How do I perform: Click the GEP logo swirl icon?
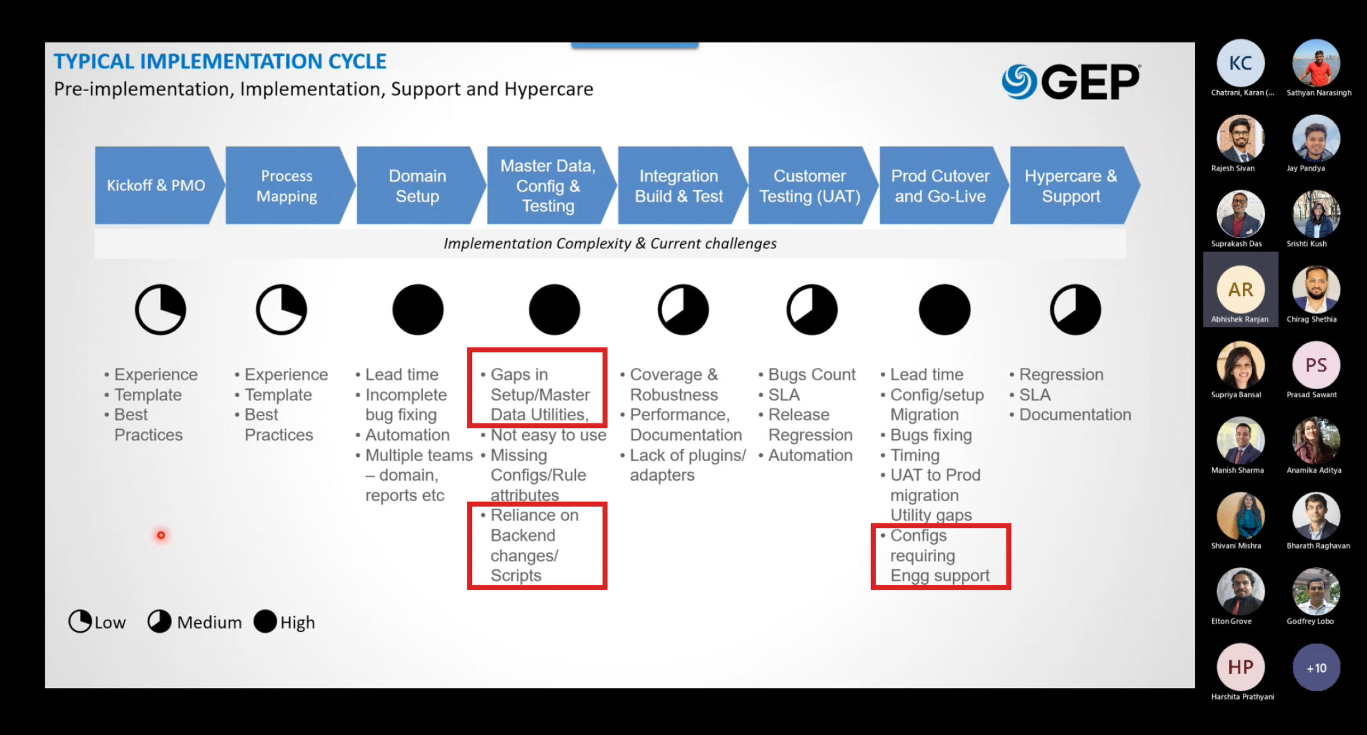(1019, 82)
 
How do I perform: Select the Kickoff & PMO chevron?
(156, 185)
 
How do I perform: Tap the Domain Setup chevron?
(418, 185)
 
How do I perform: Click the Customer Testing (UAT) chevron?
(810, 185)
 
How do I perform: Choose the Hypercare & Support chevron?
(1071, 185)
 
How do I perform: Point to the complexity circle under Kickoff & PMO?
(161, 309)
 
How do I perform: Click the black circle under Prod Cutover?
(944, 309)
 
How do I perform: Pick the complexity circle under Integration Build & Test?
(683, 309)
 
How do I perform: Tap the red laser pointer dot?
(161, 535)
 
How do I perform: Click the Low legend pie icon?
(80, 621)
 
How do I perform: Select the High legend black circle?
(266, 621)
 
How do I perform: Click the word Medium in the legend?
(209, 622)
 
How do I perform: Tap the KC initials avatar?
(1240, 63)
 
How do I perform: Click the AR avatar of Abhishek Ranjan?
(1240, 290)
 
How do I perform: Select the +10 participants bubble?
(1316, 668)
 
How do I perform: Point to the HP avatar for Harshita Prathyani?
(1240, 667)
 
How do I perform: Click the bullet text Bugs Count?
(811, 375)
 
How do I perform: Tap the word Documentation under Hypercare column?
(1075, 415)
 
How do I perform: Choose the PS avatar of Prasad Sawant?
(1316, 365)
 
